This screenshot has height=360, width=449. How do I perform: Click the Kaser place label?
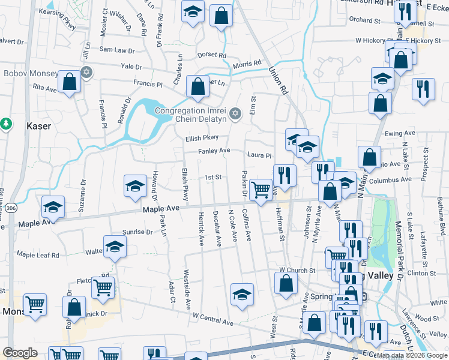click(39, 127)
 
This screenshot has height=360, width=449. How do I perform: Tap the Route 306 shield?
click(12, 208)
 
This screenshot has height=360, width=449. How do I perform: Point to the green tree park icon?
click(6, 124)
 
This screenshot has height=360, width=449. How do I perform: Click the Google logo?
click(20, 353)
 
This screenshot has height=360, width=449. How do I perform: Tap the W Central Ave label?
click(212, 319)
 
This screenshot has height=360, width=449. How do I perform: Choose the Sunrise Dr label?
click(137, 232)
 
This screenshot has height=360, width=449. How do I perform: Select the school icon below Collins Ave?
click(242, 295)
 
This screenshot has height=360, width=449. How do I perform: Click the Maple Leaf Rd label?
click(38, 255)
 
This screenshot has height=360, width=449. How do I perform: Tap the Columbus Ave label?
click(390, 179)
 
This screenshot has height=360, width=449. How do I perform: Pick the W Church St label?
click(297, 271)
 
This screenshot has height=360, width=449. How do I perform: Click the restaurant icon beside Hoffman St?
click(285, 175)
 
